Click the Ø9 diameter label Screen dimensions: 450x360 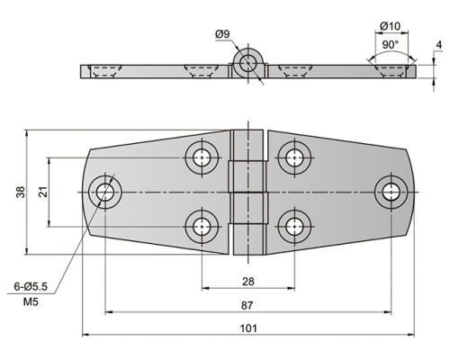[x=222, y=34]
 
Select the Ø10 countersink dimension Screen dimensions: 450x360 [x=390, y=26]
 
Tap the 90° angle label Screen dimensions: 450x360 [x=391, y=45]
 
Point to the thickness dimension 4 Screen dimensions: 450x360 [x=439, y=45]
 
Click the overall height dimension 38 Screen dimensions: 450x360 [x=21, y=192]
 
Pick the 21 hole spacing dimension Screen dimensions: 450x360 [x=44, y=192]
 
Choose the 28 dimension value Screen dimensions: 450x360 [x=247, y=282]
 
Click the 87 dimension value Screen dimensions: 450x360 [x=247, y=306]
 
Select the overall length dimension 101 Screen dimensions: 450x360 [x=248, y=328]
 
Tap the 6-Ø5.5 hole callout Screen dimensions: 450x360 [x=31, y=287]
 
